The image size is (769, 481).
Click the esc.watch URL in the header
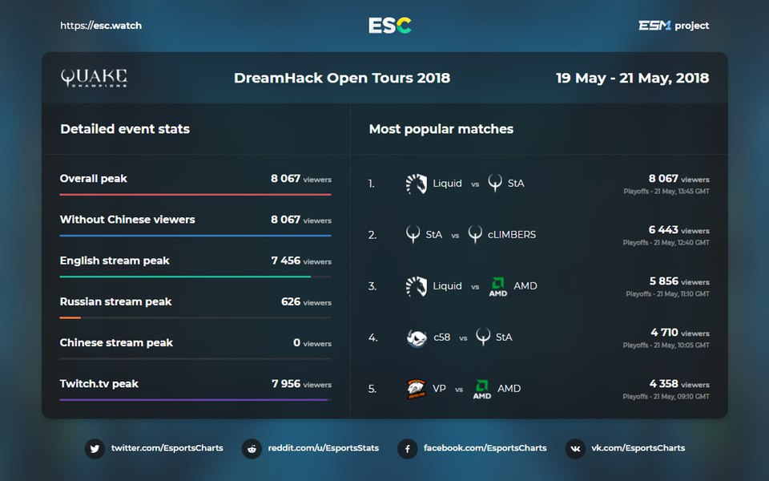[101, 26]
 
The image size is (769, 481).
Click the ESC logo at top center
[390, 26]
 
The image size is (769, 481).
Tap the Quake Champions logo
[94, 78]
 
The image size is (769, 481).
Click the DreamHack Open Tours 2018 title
[342, 78]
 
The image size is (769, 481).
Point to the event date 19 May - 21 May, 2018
[632, 78]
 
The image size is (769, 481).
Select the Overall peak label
[94, 179]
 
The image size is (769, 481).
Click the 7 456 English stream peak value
[286, 261]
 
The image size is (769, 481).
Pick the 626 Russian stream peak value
[291, 301]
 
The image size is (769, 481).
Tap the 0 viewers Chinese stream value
[296, 342]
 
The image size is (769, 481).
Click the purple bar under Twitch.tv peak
[194, 399]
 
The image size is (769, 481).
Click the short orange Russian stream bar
[70, 317]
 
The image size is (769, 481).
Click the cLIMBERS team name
[512, 235]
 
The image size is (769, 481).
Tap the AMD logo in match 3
[498, 286]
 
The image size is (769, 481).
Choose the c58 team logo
[417, 338]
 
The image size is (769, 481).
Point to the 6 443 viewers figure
[663, 230]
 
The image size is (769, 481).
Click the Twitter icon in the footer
[95, 448]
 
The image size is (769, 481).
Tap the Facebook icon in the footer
[408, 448]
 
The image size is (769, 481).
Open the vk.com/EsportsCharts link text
[638, 448]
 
